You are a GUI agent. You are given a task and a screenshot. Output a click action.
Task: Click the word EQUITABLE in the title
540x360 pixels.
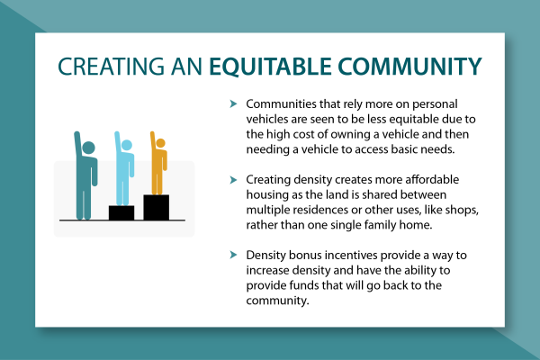click(270, 67)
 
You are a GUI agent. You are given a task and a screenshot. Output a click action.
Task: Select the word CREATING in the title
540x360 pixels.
click(111, 67)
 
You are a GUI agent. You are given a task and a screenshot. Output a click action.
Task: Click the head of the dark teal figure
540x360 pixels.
click(88, 148)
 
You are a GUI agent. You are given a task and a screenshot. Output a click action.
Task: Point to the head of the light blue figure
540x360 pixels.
click(127, 145)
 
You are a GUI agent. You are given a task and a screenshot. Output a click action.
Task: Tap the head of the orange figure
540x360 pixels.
click(160, 142)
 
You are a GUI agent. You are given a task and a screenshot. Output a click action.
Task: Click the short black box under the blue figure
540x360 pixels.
click(121, 212)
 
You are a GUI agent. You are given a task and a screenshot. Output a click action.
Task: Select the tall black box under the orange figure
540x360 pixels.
click(157, 207)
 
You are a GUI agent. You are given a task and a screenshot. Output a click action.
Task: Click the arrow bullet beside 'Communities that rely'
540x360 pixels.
click(233, 103)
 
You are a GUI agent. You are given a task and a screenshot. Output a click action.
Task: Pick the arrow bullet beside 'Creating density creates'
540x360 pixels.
click(233, 180)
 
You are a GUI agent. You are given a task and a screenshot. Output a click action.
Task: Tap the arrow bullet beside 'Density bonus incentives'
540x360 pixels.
click(233, 255)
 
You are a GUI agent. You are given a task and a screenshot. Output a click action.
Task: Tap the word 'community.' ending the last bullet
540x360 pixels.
click(277, 301)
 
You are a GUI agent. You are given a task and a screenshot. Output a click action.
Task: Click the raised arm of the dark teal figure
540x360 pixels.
click(77, 145)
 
